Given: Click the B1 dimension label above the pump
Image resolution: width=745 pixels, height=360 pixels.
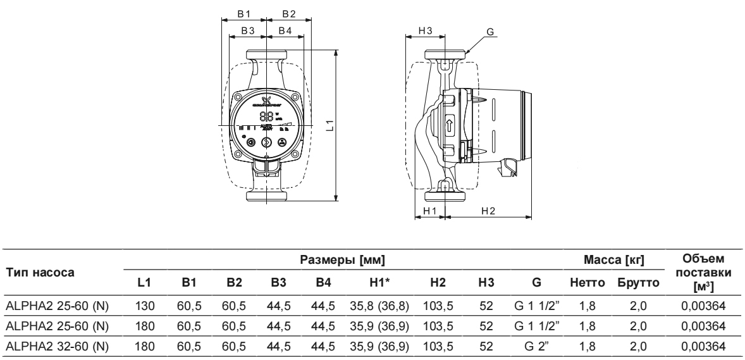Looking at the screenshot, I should click(x=245, y=13).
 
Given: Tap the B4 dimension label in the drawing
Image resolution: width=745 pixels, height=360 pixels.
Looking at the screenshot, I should click(x=285, y=30).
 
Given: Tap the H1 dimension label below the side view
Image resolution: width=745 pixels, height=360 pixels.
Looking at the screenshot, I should click(x=429, y=210).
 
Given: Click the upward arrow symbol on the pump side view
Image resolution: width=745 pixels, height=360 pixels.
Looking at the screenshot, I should click(x=450, y=125).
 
